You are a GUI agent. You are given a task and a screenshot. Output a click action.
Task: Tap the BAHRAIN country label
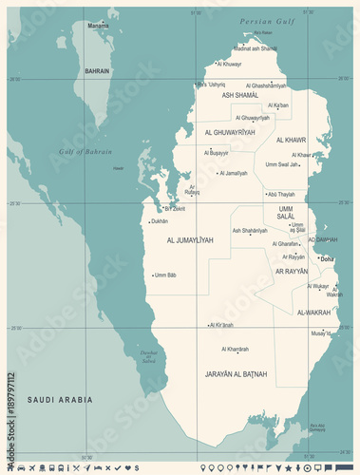click(x=97, y=70)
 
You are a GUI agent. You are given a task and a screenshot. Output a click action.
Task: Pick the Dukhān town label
click(x=159, y=221)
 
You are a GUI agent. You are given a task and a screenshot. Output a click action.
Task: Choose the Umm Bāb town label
click(x=165, y=275)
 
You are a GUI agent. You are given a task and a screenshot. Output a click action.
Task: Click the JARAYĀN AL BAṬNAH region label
click(x=237, y=373)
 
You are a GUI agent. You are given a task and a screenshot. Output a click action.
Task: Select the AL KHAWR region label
click(x=290, y=140)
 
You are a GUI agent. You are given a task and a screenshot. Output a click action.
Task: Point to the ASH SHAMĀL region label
click(x=240, y=95)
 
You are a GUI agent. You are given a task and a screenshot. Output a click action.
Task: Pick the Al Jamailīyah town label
click(x=234, y=173)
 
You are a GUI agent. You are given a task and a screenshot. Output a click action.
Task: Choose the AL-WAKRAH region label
click(x=313, y=311)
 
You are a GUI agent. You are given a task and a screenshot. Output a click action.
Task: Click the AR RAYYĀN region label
click(x=291, y=271)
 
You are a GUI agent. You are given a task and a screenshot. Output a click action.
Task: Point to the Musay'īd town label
click(x=321, y=333)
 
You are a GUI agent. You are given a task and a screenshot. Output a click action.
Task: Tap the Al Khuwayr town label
click(x=229, y=64)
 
